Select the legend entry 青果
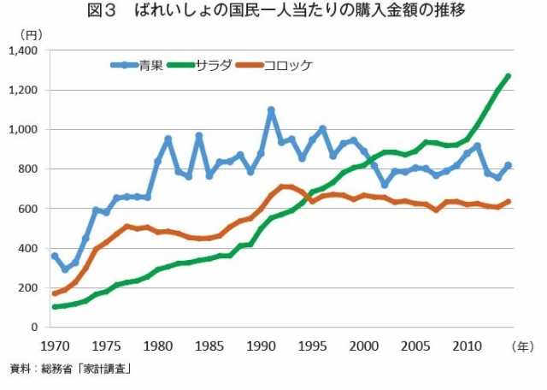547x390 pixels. [150, 65]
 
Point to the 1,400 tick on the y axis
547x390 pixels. [27, 50]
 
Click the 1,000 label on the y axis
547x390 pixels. [27, 129]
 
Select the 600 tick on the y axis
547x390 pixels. [32, 209]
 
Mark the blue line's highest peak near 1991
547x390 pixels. [271, 110]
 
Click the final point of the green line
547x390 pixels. [508, 76]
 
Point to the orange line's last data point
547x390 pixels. [508, 202]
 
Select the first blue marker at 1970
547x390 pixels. [55, 256]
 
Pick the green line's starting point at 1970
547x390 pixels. [55, 307]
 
